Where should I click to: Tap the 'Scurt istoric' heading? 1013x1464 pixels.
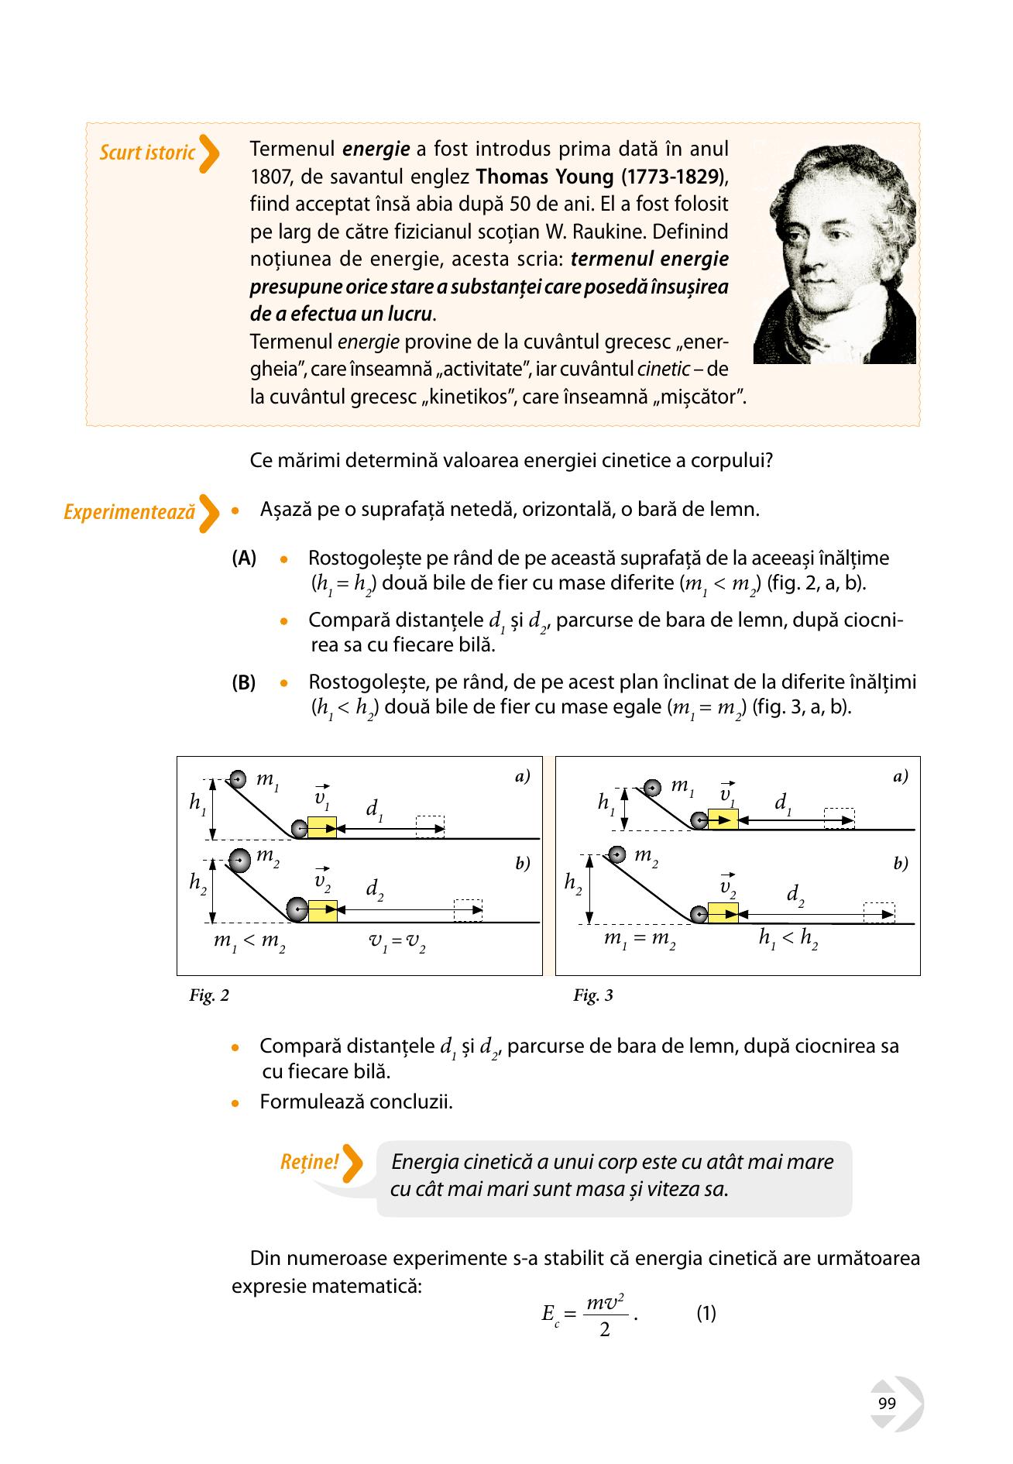point(147,153)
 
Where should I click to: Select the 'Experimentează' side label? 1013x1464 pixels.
point(129,513)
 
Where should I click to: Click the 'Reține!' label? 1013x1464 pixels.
point(309,1162)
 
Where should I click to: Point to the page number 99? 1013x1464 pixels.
point(888,1404)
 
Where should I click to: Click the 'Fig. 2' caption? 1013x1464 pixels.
point(209,995)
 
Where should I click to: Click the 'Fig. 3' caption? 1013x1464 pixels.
point(593,995)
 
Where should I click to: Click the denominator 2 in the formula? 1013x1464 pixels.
point(605,1331)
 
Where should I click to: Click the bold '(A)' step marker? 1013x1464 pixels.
point(244,558)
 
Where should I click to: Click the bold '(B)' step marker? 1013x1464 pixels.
point(244,683)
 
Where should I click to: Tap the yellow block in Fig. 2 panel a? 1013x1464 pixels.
point(322,827)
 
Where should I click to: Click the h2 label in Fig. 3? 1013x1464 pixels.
point(574,883)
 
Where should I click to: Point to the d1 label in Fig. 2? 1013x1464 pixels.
point(375,809)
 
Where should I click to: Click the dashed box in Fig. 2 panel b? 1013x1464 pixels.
point(468,910)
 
